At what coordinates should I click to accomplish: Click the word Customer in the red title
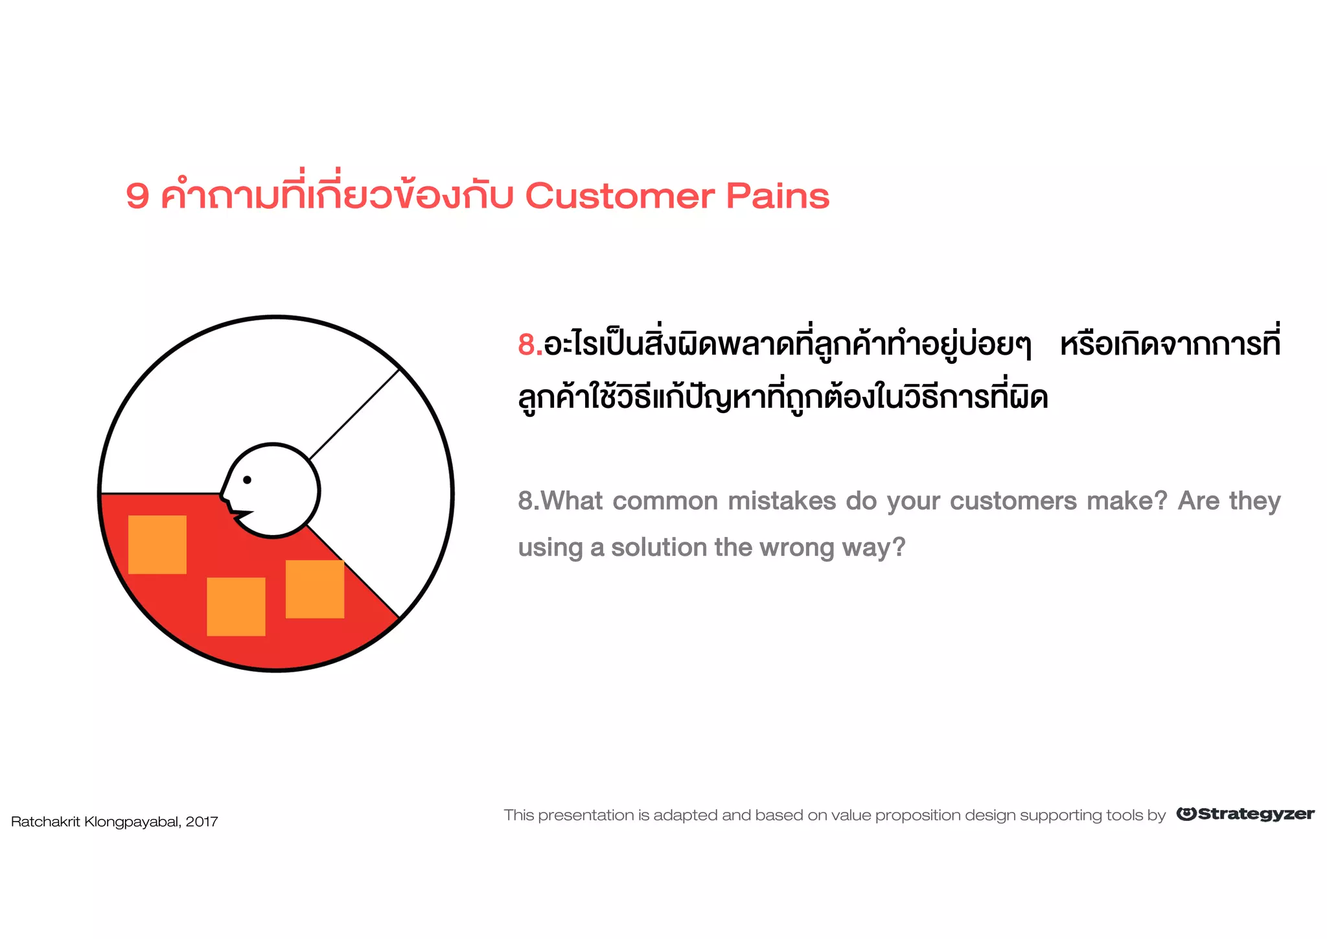click(619, 196)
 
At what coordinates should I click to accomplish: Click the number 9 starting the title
click(137, 196)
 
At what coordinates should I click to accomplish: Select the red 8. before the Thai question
click(529, 344)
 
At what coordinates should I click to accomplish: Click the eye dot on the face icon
click(247, 480)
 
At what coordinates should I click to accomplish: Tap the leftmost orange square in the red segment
click(157, 545)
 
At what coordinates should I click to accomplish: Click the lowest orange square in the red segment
click(236, 606)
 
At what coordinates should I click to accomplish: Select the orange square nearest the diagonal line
click(315, 589)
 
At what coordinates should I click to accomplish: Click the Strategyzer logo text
click(1256, 814)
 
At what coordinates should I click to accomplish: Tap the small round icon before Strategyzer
click(1186, 814)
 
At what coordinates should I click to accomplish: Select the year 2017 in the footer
click(202, 822)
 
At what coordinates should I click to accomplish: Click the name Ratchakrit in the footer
click(45, 822)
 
